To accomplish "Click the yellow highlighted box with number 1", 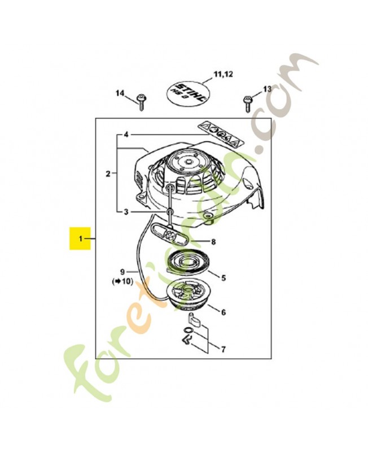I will click(80, 238).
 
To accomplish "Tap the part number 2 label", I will click(108, 173).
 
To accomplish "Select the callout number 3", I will click(126, 212).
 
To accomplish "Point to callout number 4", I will click(126, 135).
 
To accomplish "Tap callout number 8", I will click(213, 242).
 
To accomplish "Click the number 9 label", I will click(122, 271).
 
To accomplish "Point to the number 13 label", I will click(267, 89).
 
